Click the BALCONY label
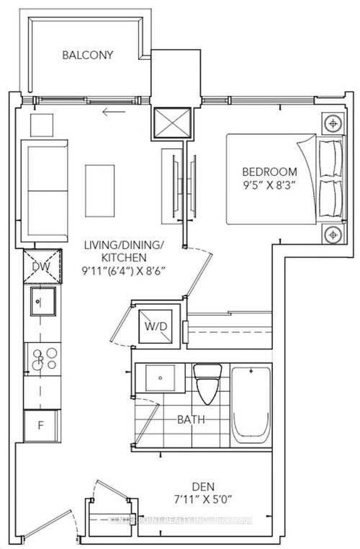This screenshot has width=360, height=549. tap(87, 55)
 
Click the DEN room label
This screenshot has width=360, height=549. tap(215, 486)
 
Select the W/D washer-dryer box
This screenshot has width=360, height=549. tap(156, 326)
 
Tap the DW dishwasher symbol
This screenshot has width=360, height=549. tap(40, 267)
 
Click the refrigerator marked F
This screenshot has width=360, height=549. tap(40, 425)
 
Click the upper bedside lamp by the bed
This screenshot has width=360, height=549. tap(332, 123)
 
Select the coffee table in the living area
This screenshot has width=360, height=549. tap(100, 186)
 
